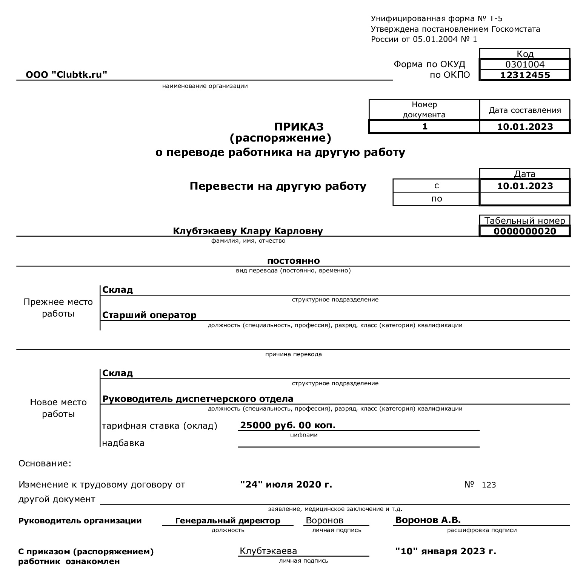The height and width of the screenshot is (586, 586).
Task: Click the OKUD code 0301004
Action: click(x=525, y=65)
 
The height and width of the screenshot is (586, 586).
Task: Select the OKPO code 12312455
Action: click(x=525, y=75)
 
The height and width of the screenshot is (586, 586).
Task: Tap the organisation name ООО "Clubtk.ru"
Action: click(x=66, y=75)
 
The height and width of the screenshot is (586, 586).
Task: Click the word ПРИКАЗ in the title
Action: click(x=299, y=126)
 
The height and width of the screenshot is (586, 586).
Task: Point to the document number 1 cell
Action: click(x=425, y=126)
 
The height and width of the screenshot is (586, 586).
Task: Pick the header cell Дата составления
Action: click(x=524, y=110)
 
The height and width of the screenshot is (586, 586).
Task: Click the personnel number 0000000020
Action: click(x=525, y=231)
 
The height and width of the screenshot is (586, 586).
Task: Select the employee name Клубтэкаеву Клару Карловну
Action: click(x=248, y=231)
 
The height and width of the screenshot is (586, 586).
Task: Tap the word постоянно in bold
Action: click(x=293, y=261)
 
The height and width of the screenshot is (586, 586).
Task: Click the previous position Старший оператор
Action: click(x=149, y=315)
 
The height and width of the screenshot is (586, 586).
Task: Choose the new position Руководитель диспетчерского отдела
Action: click(x=198, y=399)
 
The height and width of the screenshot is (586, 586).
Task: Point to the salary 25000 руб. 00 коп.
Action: click(x=288, y=425)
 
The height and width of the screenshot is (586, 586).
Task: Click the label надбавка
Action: click(x=123, y=443)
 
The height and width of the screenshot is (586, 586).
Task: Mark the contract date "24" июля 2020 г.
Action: click(x=286, y=484)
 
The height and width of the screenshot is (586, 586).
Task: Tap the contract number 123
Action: click(x=489, y=485)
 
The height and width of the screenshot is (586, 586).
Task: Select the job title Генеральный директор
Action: click(x=228, y=521)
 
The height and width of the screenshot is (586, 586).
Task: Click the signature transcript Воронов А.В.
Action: click(x=428, y=520)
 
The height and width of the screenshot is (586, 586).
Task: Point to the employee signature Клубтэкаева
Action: click(x=268, y=551)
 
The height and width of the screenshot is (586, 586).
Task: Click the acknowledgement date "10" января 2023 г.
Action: click(x=445, y=551)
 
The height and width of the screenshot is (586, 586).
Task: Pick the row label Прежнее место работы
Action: click(x=58, y=308)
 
